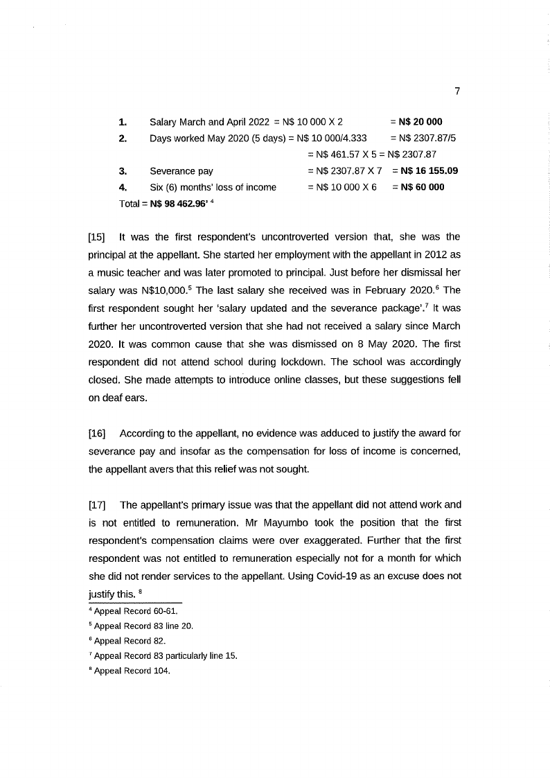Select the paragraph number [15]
(x=97, y=237)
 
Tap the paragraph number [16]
(x=97, y=433)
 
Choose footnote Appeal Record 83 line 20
(x=143, y=626)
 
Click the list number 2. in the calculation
(x=123, y=138)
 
